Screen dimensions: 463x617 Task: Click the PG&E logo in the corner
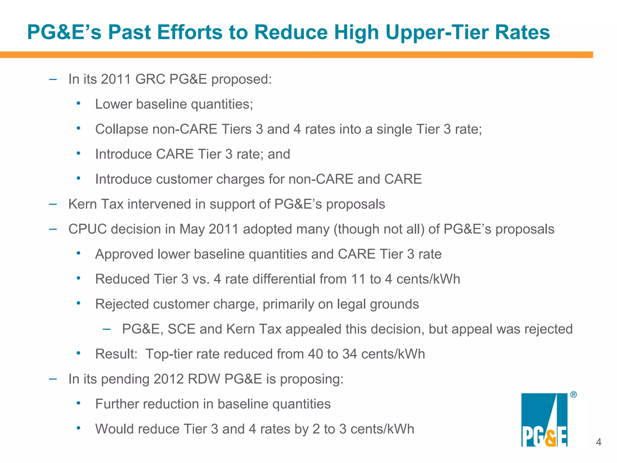[x=544, y=420]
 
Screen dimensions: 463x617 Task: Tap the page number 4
[x=598, y=442]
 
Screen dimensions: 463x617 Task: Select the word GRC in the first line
[x=150, y=79]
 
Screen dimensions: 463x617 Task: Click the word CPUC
[x=87, y=229]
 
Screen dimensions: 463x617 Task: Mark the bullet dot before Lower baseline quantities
[x=78, y=103]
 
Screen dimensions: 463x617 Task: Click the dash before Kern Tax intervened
[x=53, y=204]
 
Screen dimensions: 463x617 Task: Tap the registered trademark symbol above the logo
[x=573, y=395]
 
